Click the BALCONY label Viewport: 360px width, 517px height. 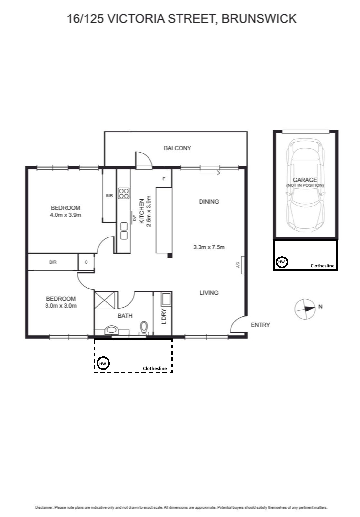point(177,148)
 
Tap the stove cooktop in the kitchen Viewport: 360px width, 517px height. point(124,194)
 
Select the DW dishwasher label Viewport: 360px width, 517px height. point(135,218)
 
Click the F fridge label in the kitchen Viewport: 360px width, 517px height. point(164,179)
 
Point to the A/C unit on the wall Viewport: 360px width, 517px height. point(242,265)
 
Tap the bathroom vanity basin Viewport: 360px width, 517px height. point(112,330)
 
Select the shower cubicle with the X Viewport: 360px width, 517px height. point(105,300)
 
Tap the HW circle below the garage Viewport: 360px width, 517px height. point(282,262)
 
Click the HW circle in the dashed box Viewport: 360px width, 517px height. point(103,364)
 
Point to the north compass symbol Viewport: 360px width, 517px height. point(305,309)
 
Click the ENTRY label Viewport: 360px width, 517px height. point(260,325)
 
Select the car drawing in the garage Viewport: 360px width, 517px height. point(305,185)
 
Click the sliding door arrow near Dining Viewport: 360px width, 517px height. point(210,173)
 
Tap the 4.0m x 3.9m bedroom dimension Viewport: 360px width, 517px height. point(66,215)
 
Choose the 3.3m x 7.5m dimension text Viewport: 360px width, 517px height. point(209,247)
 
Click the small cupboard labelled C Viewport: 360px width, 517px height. point(86,262)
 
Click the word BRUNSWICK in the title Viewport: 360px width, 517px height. point(259,19)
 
